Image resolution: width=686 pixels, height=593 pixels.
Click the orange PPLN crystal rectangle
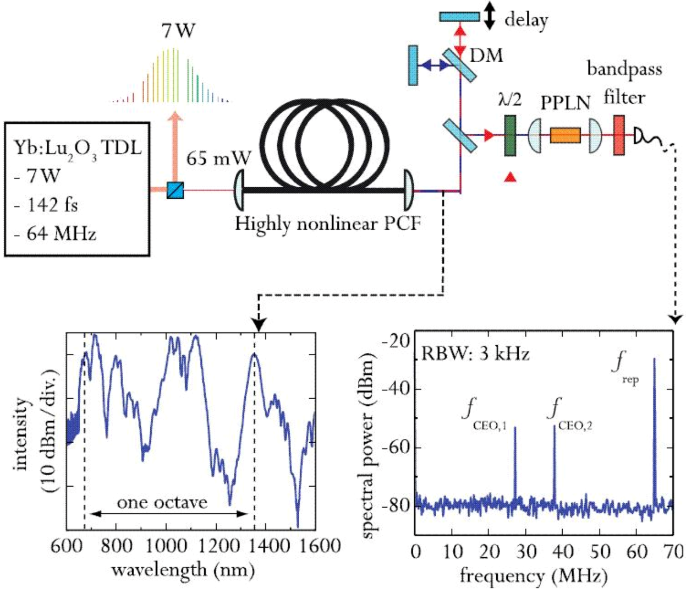565,135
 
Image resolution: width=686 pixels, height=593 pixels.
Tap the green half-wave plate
510,135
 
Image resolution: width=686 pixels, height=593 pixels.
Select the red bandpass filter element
619,135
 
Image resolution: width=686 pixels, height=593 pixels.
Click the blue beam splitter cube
175,190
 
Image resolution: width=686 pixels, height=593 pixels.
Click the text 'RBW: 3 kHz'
475,353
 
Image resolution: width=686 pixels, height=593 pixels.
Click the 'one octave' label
162,502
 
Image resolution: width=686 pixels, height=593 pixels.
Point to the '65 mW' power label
218,159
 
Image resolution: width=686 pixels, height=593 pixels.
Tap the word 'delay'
526,20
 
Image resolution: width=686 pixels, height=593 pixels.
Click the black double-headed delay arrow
489,17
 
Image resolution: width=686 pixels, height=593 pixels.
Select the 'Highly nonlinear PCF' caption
328,224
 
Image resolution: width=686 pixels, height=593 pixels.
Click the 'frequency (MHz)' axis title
533,576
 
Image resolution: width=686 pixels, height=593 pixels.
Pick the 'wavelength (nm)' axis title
183,569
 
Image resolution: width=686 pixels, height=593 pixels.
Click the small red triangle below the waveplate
511,176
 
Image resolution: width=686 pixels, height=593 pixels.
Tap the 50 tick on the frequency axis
600,551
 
